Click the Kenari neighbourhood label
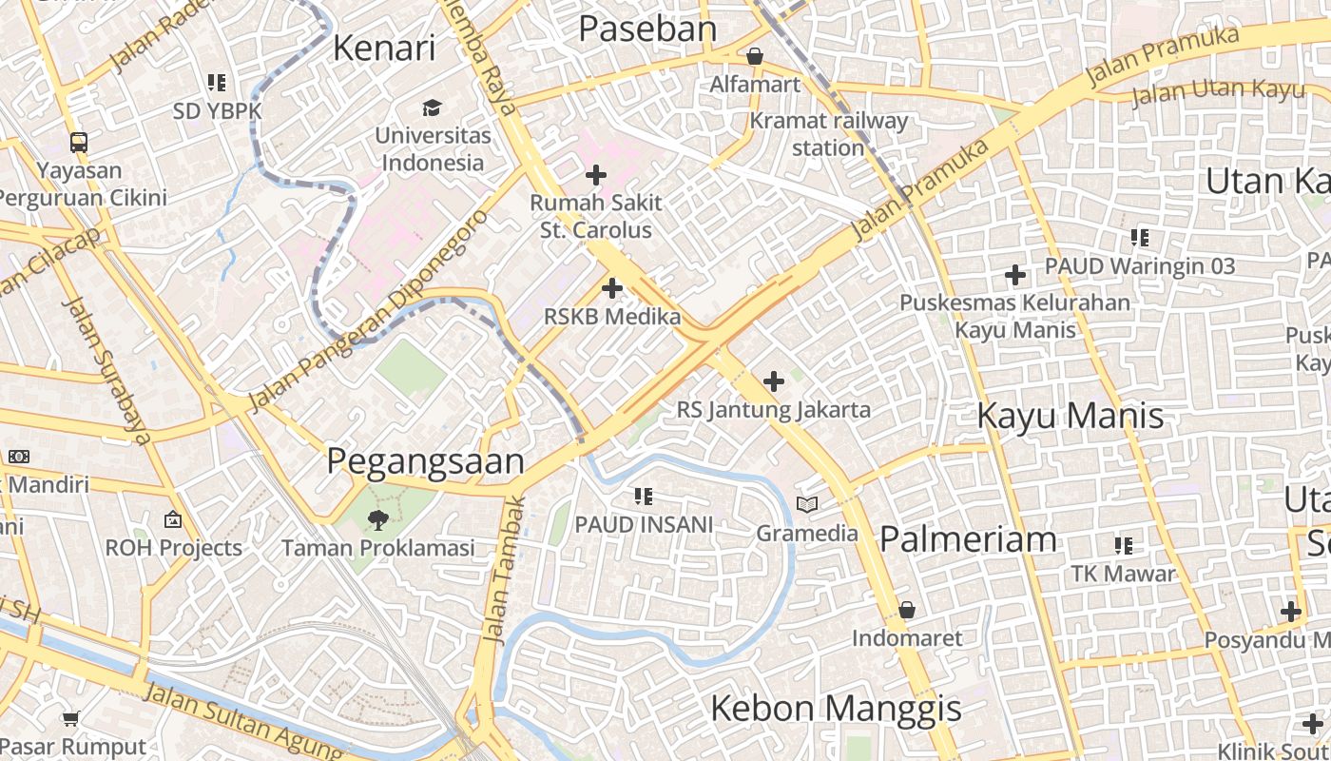(384, 48)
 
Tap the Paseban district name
(647, 29)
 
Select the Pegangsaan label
(425, 461)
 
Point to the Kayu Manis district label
(1071, 416)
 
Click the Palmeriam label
(968, 539)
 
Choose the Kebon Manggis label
(836, 709)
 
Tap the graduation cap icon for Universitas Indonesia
(433, 107)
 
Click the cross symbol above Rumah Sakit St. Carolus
(596, 175)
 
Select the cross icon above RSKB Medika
(612, 288)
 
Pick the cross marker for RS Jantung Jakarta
(774, 381)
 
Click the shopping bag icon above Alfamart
(755, 57)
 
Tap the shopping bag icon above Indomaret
(907, 610)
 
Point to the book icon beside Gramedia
(807, 504)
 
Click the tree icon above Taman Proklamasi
(378, 519)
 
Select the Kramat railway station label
(829, 134)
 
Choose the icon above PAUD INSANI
(644, 496)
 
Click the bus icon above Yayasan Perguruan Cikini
(79, 143)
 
